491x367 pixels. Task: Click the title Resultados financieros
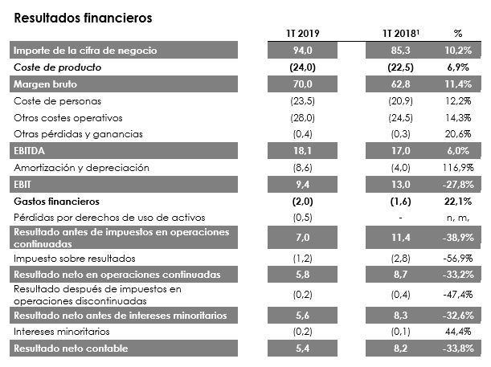[72, 16]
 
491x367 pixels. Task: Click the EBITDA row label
[32, 150]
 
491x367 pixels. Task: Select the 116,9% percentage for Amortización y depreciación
[456, 167]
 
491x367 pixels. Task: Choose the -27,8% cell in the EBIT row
[456, 184]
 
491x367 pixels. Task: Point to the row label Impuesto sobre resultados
[71, 258]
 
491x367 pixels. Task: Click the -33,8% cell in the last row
[456, 349]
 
